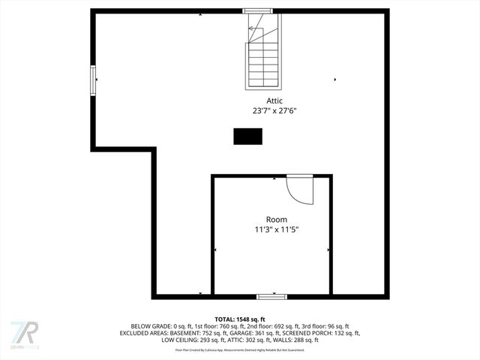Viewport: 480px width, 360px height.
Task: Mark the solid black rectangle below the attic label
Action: point(247,136)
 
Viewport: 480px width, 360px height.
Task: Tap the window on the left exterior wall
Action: point(93,79)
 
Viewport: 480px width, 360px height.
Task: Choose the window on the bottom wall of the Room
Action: point(271,296)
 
